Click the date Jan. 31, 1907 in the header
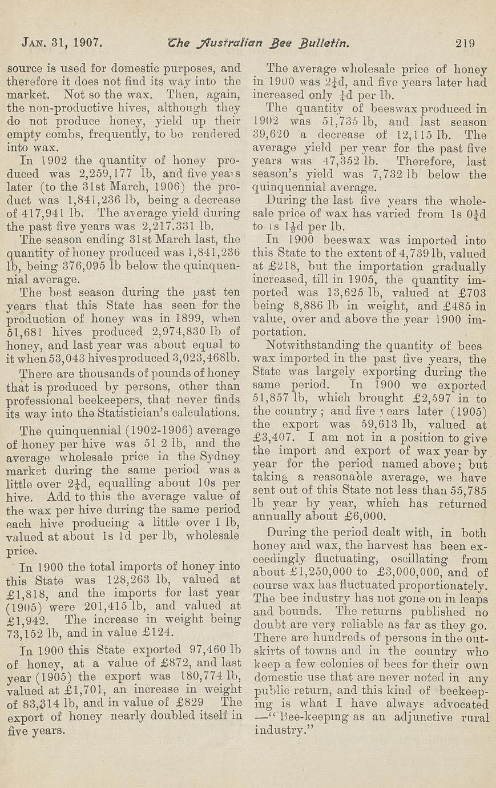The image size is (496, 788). tap(62, 42)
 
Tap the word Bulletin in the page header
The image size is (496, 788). tap(322, 42)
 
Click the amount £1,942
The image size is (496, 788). tap(28, 620)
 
